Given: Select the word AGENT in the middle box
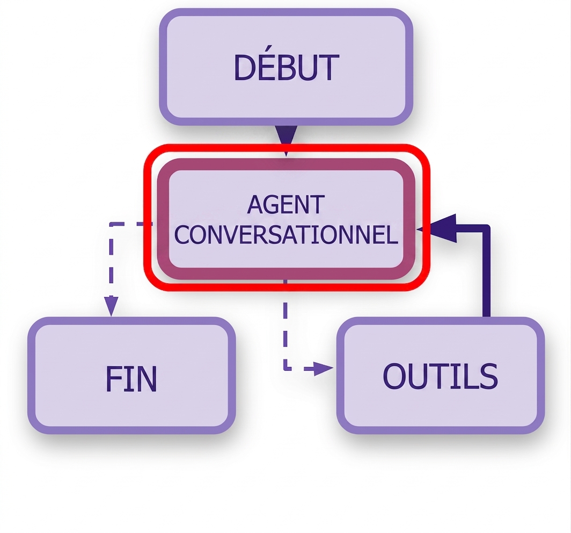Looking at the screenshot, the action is click(x=286, y=205).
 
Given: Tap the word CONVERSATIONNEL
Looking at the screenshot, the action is click(x=286, y=234).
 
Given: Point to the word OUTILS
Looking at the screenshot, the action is click(x=440, y=376).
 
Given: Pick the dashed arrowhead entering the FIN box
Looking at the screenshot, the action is click(x=111, y=306).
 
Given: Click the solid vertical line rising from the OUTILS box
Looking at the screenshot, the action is click(x=486, y=273).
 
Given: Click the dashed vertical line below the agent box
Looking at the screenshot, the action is click(x=285, y=325).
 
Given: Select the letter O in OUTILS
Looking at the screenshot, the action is click(x=394, y=376).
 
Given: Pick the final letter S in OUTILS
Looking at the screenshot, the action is click(x=489, y=376).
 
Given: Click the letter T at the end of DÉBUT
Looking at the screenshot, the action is click(x=330, y=68).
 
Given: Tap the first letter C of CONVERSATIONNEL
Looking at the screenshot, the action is click(x=182, y=234).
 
